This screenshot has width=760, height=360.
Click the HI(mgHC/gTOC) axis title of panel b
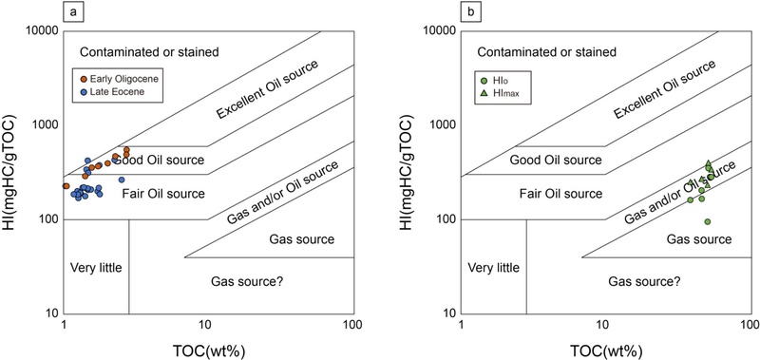[x=408, y=171]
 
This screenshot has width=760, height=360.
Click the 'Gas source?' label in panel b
[x=644, y=282]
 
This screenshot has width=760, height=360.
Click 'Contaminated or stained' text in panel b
[x=547, y=50]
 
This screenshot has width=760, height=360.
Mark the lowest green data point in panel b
[x=708, y=221]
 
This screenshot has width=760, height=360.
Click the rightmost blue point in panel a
[x=122, y=180]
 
